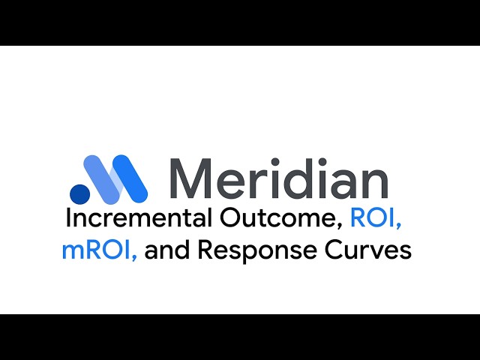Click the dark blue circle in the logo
tap(79, 193)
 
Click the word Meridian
tap(279, 179)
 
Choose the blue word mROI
tap(97, 250)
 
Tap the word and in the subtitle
tap(165, 250)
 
